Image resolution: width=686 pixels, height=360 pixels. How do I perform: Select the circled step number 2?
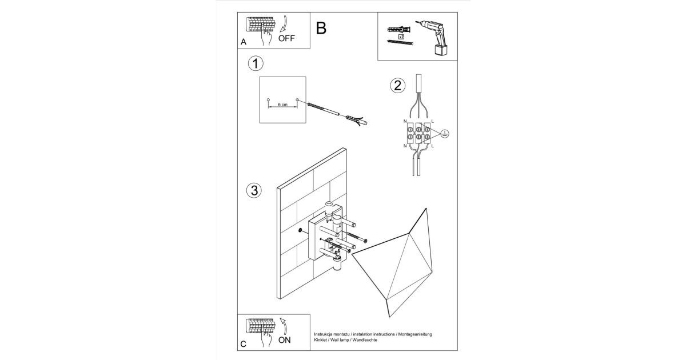click(x=397, y=86)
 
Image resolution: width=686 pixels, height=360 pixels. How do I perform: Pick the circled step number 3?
click(x=255, y=190)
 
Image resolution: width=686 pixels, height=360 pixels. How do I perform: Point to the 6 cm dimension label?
click(x=282, y=105)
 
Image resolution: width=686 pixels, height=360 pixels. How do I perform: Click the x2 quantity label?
click(x=401, y=36)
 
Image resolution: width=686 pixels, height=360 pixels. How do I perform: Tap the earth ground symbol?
click(x=446, y=134)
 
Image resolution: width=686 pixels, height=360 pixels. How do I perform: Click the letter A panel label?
click(x=244, y=42)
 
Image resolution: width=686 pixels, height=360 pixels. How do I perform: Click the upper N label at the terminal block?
click(x=405, y=122)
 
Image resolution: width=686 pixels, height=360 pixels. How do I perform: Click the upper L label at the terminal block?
click(x=433, y=122)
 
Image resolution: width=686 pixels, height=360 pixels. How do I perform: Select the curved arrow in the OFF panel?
click(x=286, y=25)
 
